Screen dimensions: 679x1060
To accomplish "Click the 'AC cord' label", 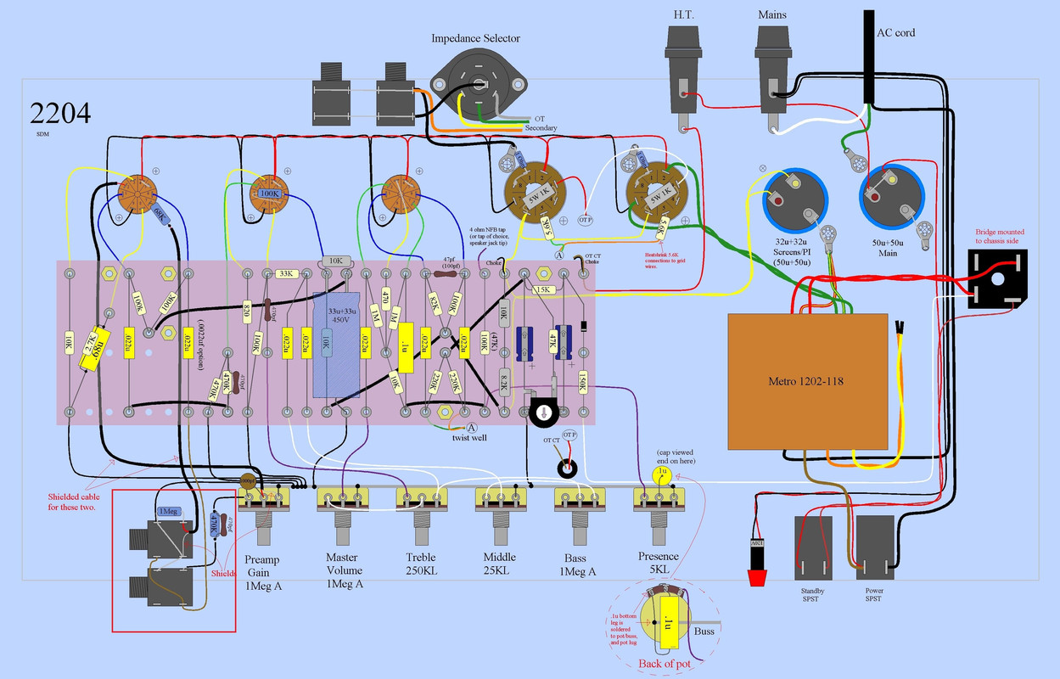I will [895, 33].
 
